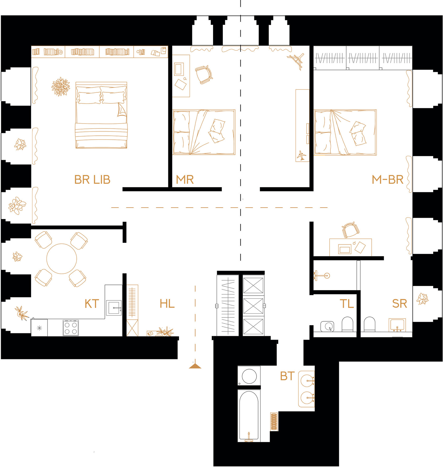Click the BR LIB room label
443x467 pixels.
(92, 180)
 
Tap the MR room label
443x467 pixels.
(185, 180)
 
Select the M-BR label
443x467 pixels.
(388, 180)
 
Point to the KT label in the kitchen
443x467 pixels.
(92, 304)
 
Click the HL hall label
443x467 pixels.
(167, 304)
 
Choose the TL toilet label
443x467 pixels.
(347, 304)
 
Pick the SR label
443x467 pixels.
(399, 304)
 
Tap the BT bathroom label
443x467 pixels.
(287, 376)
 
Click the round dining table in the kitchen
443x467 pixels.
(62, 259)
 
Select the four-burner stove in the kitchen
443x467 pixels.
(71, 328)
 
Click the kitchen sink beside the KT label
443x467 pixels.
(114, 308)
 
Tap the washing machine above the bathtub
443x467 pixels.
(249, 376)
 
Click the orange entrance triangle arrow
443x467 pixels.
(195, 366)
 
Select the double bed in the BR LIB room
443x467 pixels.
(101, 115)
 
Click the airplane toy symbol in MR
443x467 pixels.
(302, 155)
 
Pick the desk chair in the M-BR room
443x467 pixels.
(350, 230)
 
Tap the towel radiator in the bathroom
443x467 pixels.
(274, 422)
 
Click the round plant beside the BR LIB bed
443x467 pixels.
(61, 87)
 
